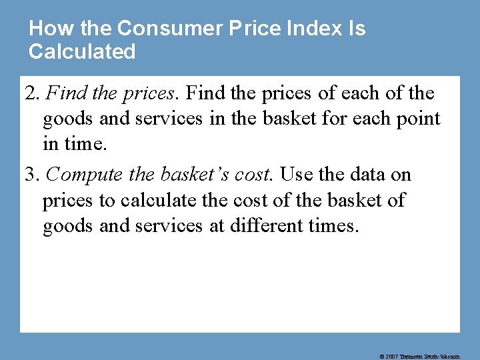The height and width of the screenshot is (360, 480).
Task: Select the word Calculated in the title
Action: (82, 51)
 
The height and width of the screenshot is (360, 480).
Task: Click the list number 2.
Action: (30, 93)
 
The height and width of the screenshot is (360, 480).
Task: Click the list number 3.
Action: (30, 175)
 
